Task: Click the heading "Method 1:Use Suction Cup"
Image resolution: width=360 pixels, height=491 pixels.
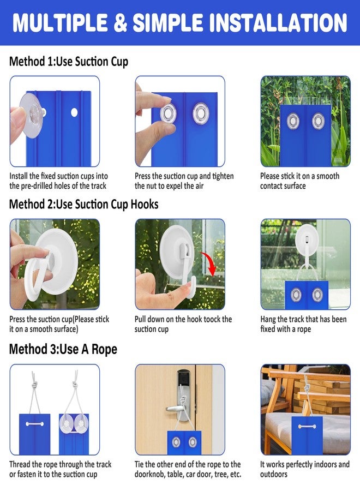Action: (x=69, y=61)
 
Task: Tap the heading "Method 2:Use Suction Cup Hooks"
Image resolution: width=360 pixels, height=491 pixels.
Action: (x=83, y=204)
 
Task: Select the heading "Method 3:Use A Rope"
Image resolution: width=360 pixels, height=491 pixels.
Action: (x=63, y=349)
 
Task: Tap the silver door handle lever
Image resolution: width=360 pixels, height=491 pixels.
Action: (x=176, y=408)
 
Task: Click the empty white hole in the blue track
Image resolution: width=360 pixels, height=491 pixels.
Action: (x=74, y=112)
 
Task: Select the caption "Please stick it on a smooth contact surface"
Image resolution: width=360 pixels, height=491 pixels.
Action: (x=299, y=181)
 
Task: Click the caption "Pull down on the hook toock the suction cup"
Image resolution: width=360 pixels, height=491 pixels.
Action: (x=183, y=324)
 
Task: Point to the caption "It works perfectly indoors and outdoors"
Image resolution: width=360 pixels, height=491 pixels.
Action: (x=304, y=469)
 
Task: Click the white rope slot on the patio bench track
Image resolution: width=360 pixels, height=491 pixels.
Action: (x=307, y=426)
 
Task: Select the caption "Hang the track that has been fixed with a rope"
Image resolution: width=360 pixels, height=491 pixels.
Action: (x=303, y=324)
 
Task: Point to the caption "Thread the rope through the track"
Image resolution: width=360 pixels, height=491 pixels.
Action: (x=60, y=464)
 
